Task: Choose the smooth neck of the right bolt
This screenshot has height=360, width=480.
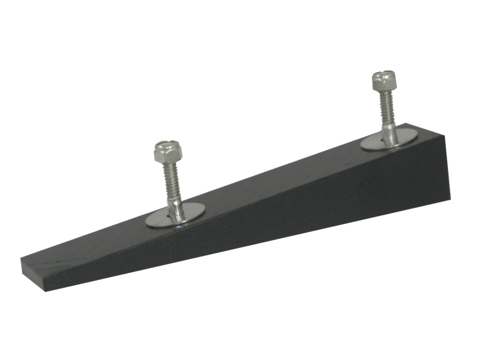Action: pos(389,132)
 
